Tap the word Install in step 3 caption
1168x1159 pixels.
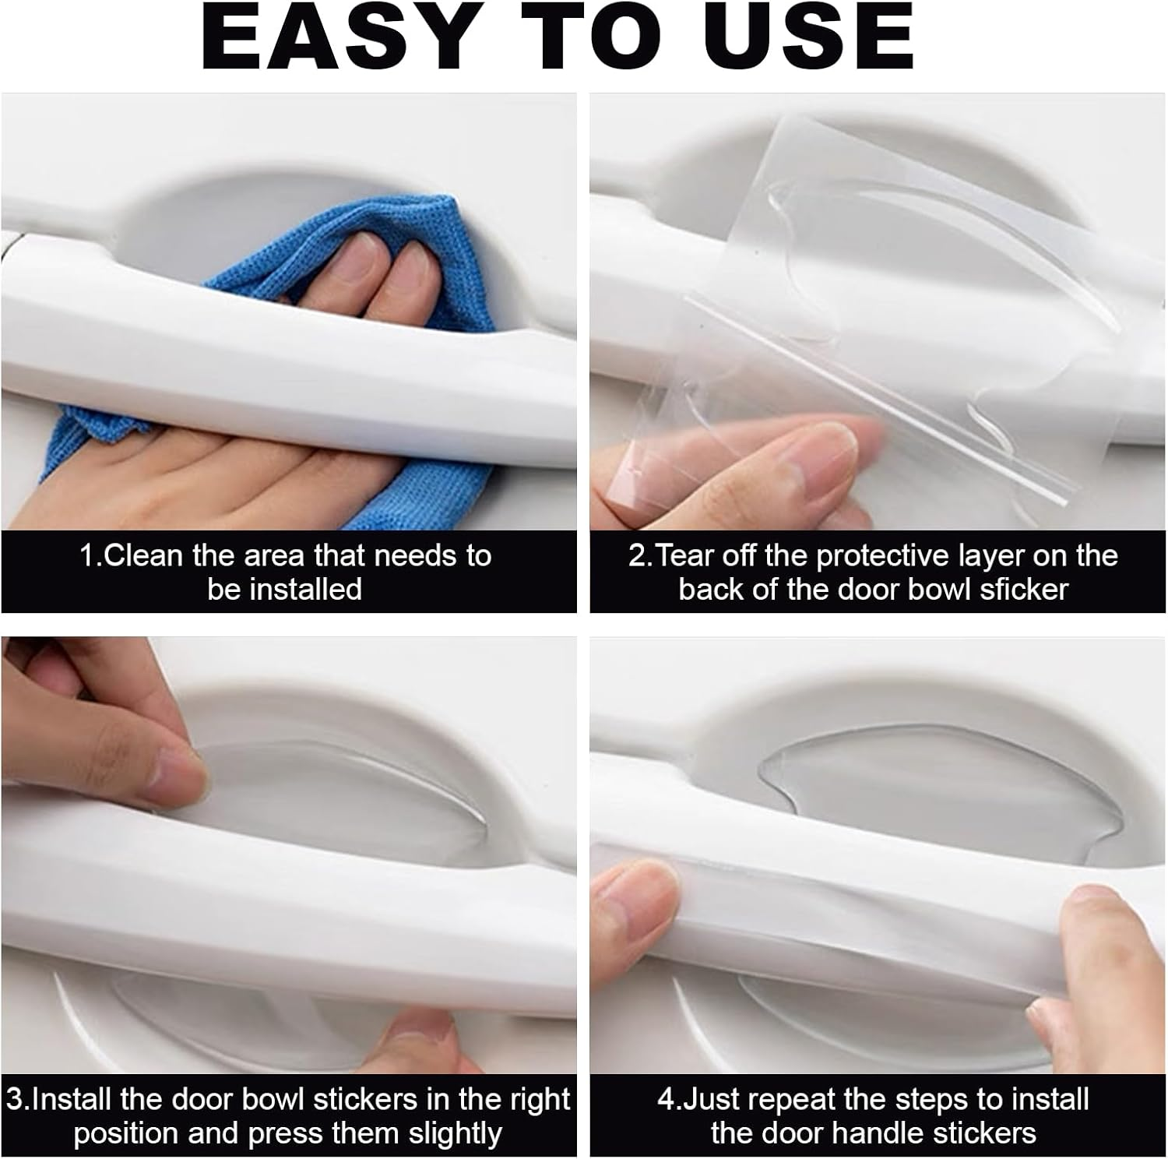pyautogui.click(x=72, y=1099)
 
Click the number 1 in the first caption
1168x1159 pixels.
pyautogui.click(x=86, y=556)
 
